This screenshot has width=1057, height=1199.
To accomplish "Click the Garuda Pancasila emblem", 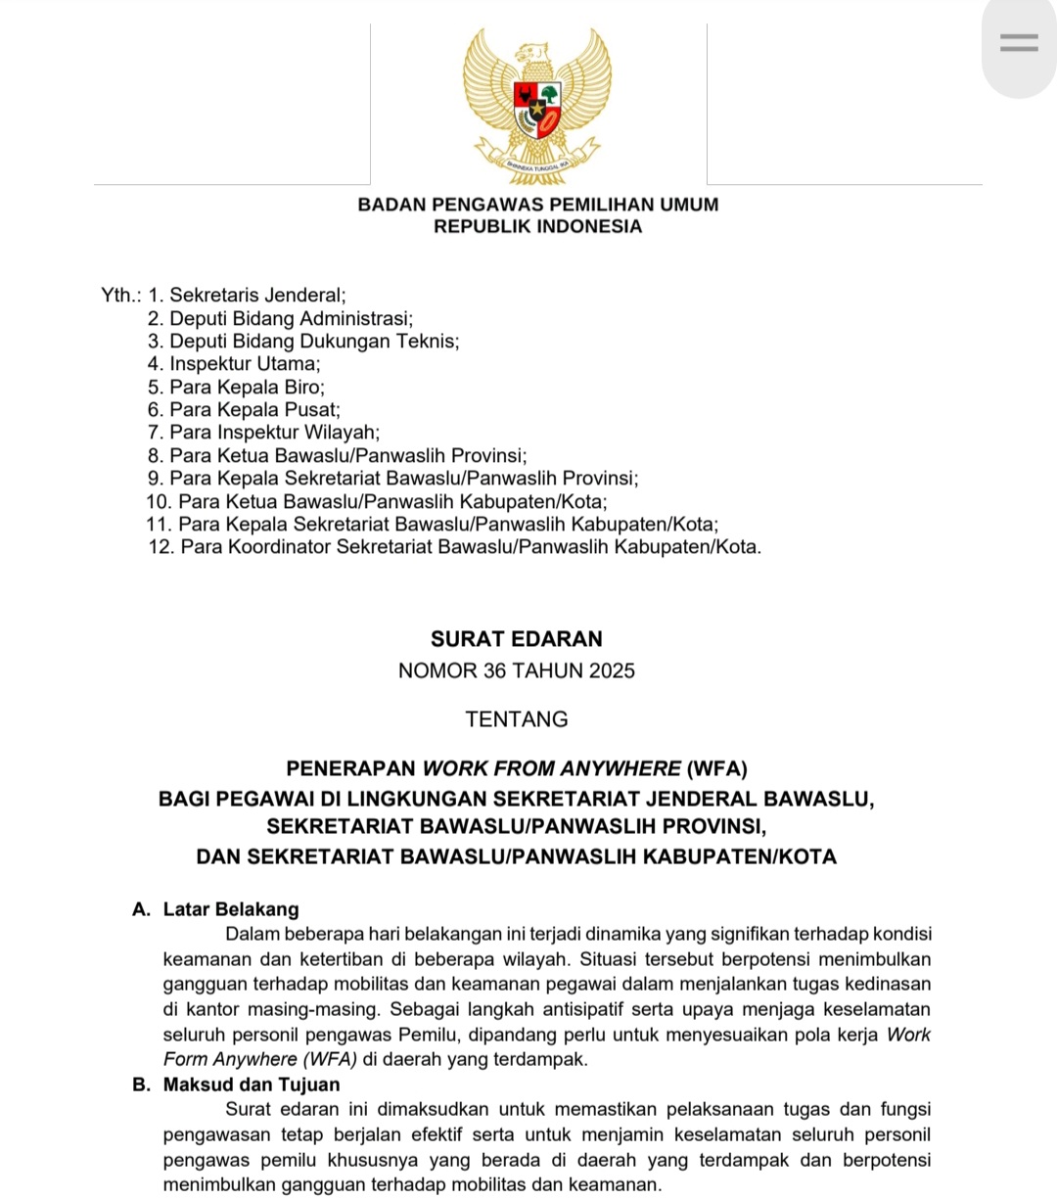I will tap(537, 106).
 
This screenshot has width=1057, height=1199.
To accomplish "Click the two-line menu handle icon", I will tap(1019, 43).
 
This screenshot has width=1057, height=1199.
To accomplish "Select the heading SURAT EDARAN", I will tap(517, 639).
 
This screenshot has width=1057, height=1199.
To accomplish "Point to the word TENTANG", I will tap(517, 719).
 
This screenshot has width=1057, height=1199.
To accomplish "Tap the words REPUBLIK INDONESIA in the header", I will tap(538, 227).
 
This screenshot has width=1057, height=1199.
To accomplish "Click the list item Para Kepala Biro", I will tap(247, 387).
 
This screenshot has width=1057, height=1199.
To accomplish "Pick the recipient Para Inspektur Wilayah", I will tap(274, 433).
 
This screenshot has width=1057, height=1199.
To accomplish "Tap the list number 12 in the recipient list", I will tap(161, 547).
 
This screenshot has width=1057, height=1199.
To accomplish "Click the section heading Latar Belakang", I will tap(231, 909).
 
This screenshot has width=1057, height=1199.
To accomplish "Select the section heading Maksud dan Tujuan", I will tap(252, 1084).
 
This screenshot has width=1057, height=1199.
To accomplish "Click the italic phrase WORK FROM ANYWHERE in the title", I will tap(551, 768).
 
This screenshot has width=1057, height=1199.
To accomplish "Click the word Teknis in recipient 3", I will tap(428, 342).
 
